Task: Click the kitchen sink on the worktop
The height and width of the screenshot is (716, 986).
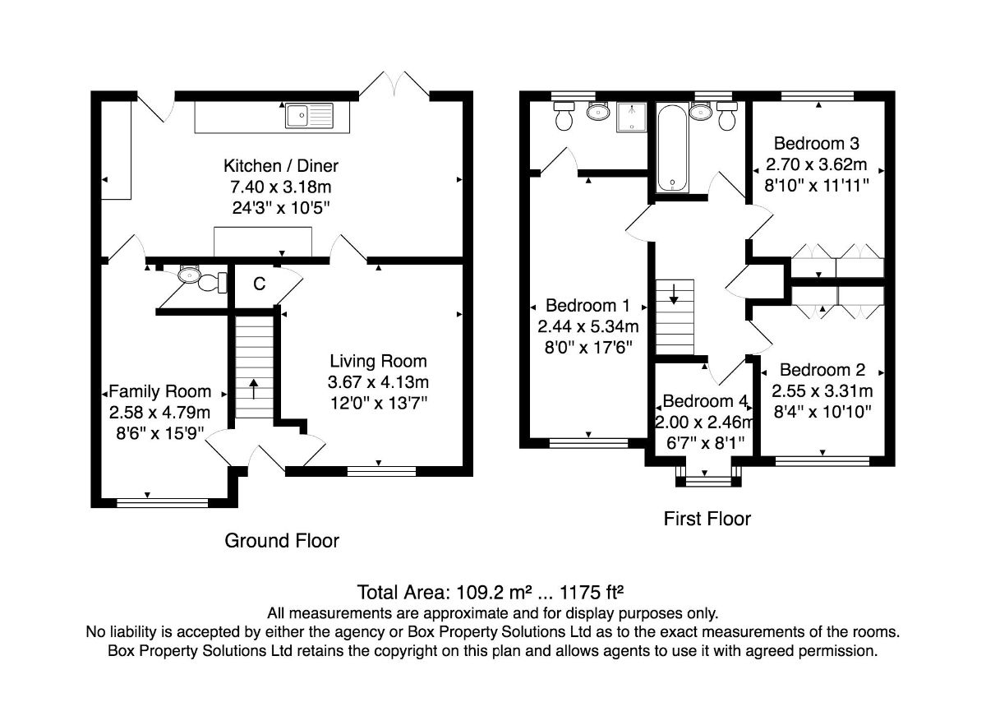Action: (309, 115)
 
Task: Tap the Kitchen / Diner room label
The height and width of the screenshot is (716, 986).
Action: (281, 166)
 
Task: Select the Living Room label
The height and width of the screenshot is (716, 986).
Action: (378, 361)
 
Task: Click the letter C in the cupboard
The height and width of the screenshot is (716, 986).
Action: (260, 284)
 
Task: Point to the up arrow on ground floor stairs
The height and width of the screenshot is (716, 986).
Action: (254, 388)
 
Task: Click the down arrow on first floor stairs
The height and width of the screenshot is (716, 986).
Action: (674, 294)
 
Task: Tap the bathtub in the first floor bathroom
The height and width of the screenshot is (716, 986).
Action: (672, 147)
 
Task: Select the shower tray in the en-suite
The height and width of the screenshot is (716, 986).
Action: (632, 117)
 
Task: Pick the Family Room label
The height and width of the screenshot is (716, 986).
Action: (159, 391)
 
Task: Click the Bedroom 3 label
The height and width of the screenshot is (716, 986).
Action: (817, 144)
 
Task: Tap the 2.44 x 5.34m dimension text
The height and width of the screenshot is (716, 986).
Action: (588, 326)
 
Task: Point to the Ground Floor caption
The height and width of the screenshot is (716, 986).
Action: (282, 540)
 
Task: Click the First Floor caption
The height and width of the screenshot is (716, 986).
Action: (707, 518)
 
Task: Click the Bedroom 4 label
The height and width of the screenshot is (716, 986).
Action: (705, 400)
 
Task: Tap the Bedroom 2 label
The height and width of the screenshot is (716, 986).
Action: (822, 369)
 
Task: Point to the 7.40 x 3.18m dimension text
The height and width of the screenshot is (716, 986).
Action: (281, 187)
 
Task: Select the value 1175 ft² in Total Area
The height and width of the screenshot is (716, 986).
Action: (591, 592)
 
